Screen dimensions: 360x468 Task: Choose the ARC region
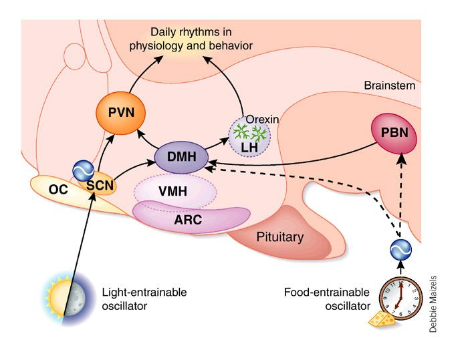191,218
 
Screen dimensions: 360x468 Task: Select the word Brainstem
390,86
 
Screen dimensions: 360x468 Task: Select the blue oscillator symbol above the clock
399,249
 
